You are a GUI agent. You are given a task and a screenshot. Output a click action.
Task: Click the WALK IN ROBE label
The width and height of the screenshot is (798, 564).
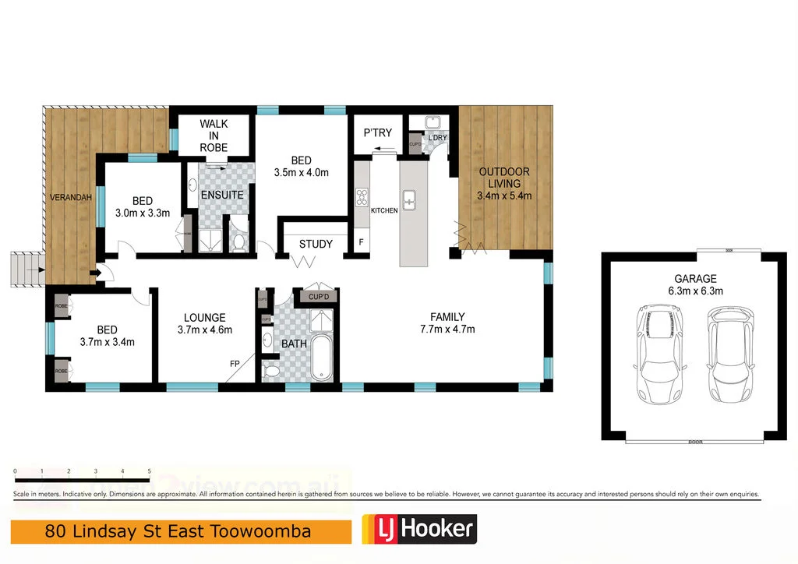click(213, 136)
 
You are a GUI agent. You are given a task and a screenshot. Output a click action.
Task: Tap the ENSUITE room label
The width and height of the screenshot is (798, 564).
click(222, 195)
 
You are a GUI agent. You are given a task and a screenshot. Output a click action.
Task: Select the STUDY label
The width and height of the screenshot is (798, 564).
click(316, 244)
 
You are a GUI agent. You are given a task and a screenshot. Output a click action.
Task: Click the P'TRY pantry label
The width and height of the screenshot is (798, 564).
click(378, 133)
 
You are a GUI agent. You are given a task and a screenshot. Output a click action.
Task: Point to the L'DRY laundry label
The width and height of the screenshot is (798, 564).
click(437, 138)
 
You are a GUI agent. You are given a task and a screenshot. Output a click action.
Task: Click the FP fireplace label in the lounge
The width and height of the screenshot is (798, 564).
click(234, 364)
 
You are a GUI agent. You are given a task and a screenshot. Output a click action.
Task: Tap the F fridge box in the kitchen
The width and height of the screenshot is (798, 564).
click(361, 242)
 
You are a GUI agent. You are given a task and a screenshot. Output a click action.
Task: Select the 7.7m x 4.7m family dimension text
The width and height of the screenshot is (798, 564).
click(447, 329)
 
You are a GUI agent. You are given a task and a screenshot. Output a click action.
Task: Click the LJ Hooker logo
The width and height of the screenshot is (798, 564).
click(418, 531)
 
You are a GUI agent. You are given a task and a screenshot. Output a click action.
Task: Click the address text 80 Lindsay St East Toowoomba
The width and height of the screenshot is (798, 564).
click(178, 532)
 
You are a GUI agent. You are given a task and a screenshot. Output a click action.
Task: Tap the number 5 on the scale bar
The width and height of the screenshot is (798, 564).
click(149, 472)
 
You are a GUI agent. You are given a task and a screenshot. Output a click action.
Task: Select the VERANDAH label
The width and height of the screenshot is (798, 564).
click(70, 198)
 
